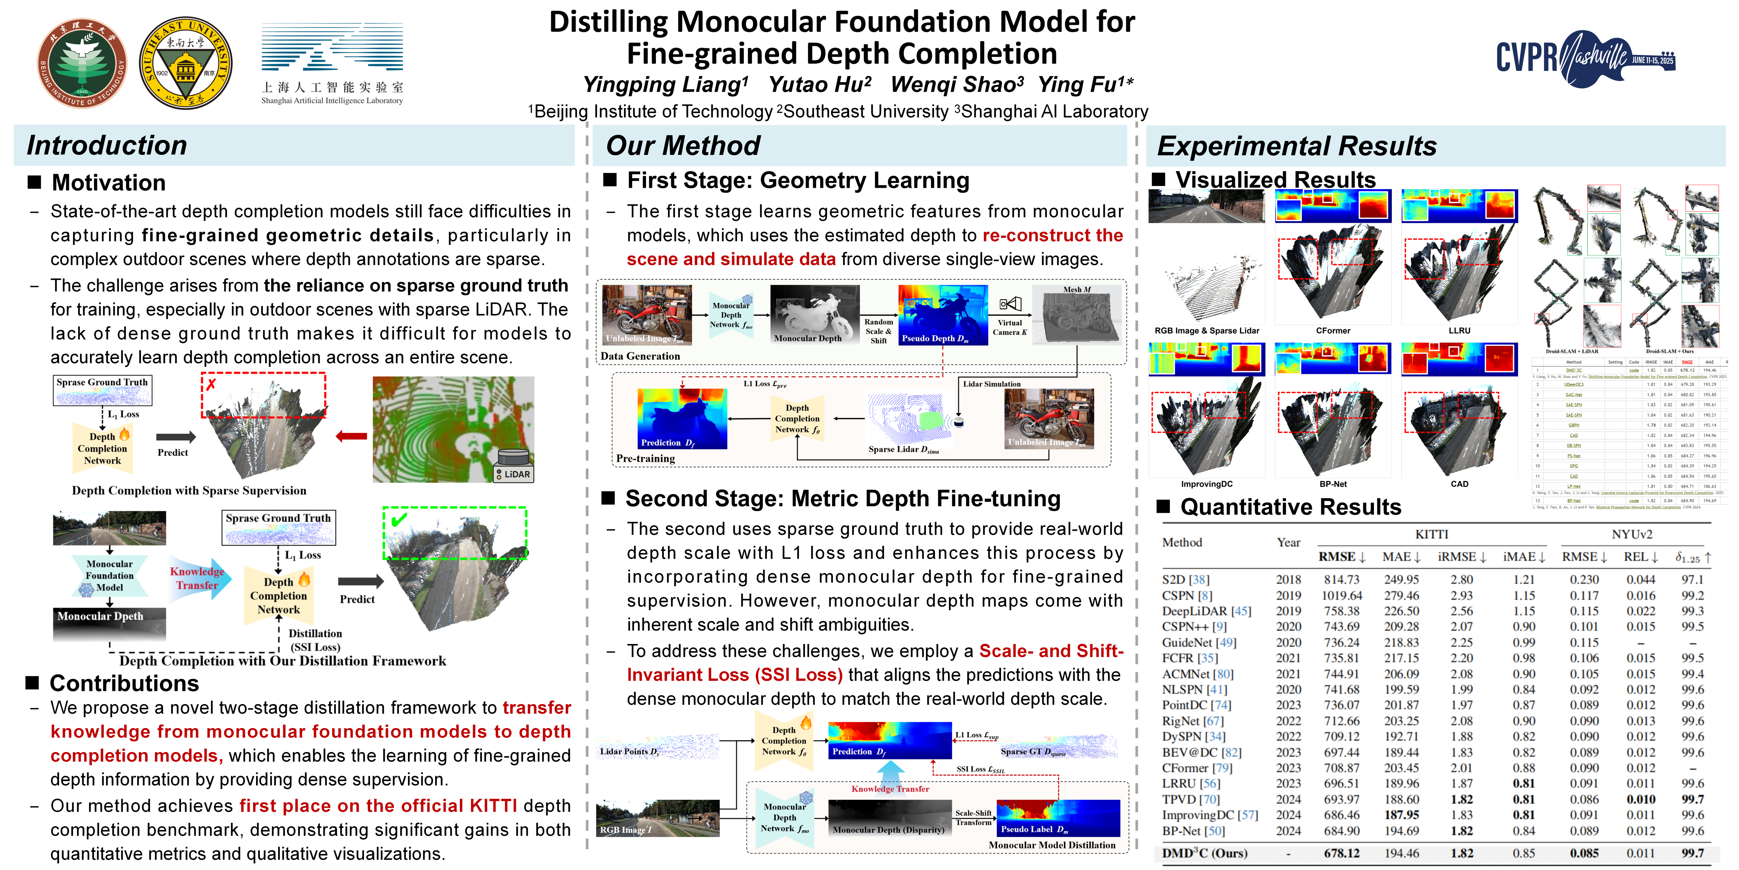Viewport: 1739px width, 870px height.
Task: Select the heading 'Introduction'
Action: coord(107,145)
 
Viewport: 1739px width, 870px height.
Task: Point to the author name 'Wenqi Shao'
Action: coord(956,84)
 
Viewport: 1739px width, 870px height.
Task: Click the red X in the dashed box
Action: coord(211,384)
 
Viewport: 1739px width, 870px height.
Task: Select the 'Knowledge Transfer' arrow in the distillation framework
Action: coord(198,578)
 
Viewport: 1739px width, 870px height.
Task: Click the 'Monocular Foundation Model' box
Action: coord(109,575)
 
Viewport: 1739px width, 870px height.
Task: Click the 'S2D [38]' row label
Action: coord(1185,579)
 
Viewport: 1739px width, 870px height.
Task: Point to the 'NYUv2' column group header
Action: coord(1632,534)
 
